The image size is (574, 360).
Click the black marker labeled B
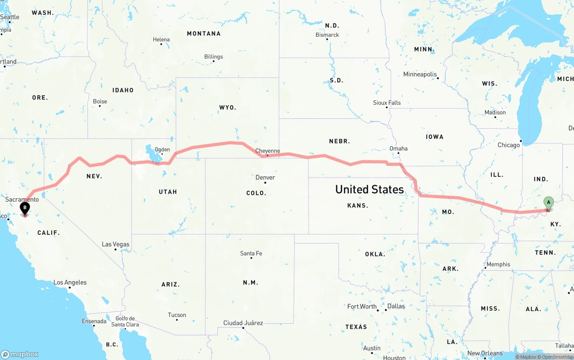pos(25,208)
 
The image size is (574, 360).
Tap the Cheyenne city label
pos(267,151)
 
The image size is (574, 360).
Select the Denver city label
pos(265,178)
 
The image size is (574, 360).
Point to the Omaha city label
pos(398,148)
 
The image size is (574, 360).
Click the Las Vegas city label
pos(115,244)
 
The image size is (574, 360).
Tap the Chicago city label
pos(509,145)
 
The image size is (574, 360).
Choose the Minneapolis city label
pos(420,74)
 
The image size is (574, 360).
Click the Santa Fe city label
pos(251,253)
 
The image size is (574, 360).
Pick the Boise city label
pos(100,101)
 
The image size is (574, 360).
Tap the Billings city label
pos(213,56)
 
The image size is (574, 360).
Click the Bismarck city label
pos(327,35)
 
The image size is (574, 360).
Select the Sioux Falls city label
pos(387,103)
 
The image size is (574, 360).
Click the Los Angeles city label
pos(70,282)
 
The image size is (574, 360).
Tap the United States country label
pos(369,189)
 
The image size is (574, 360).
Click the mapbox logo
pos(20,354)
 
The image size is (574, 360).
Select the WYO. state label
pos(227,108)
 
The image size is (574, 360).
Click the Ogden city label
pos(162,150)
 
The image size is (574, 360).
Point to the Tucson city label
pos(177,315)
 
